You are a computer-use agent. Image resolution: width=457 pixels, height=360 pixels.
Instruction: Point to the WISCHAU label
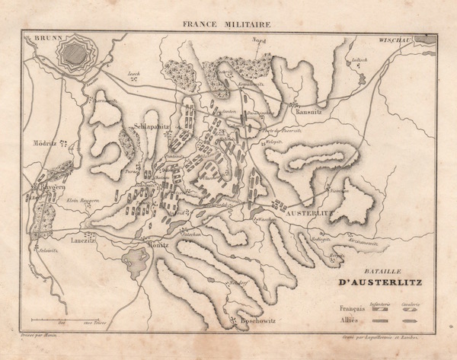[395, 38]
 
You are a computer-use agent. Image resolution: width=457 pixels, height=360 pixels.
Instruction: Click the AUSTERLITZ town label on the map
[310, 214]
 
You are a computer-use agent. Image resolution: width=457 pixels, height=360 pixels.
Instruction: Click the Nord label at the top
[260, 41]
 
